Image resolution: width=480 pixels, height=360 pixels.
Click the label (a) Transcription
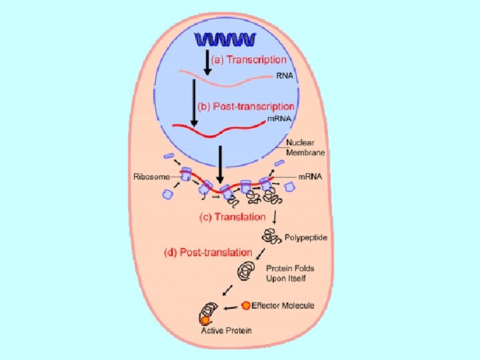point(249,59)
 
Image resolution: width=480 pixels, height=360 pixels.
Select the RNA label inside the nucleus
point(284,77)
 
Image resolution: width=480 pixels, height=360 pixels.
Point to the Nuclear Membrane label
point(305,147)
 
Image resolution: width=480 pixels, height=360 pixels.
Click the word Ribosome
point(151,177)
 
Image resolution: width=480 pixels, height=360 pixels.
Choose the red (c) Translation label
point(233,217)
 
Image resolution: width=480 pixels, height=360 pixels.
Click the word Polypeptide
point(305,237)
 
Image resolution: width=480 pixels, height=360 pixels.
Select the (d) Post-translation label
point(208,253)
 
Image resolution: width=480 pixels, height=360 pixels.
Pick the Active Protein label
point(226,330)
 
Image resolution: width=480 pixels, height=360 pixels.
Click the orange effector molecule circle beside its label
point(246,305)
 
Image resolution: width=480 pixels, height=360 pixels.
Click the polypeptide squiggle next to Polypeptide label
point(272,235)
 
